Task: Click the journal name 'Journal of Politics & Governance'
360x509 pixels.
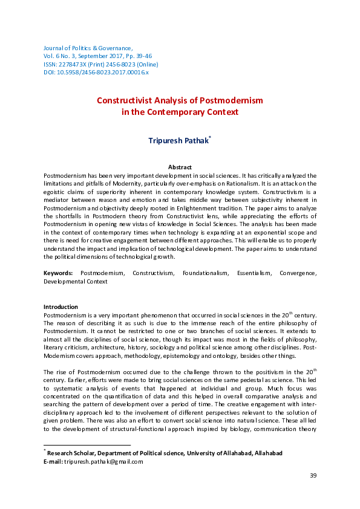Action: point(88,47)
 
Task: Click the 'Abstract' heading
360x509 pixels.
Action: point(180,167)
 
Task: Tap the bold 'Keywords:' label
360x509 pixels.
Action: point(57,273)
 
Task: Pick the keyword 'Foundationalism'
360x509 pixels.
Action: point(202,273)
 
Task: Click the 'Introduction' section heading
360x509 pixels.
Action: point(61,307)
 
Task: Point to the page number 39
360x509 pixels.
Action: point(313,493)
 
